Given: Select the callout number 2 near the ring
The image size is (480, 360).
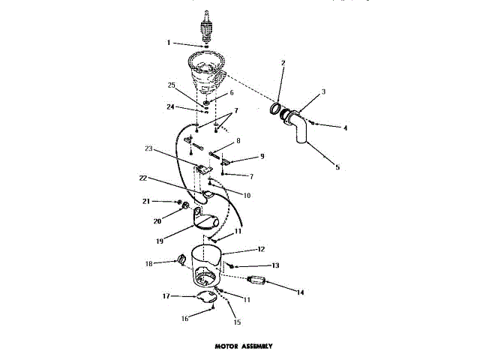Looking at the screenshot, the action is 283,63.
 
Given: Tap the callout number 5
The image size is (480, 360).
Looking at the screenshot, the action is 337,166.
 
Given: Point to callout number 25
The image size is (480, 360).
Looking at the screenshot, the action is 172,85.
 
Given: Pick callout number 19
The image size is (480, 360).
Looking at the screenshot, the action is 160,241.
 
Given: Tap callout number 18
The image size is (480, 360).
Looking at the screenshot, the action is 148,263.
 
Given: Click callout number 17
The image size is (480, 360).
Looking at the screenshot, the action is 166,296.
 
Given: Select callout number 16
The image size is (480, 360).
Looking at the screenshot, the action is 184,317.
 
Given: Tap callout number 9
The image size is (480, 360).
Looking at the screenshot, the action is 262,156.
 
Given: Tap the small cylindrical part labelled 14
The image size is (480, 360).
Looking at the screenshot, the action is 257,282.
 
